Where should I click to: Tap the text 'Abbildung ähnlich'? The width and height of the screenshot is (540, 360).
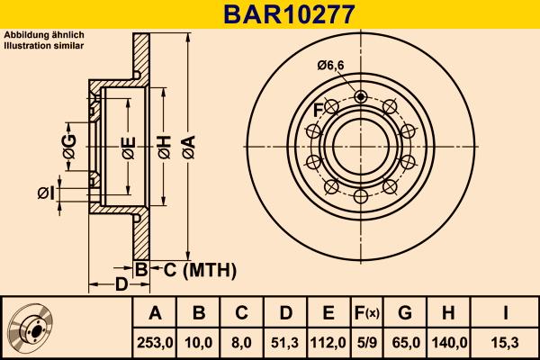click(x=44, y=35)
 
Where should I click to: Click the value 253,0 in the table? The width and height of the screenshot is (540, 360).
click(x=154, y=342)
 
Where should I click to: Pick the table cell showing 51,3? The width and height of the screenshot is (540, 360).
click(x=285, y=342)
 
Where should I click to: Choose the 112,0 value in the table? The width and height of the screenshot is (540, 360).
click(x=328, y=342)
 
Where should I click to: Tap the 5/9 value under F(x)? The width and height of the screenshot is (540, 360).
click(x=365, y=342)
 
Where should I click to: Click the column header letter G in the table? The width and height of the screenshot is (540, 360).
click(x=405, y=313)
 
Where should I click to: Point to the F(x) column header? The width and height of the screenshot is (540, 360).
click(x=365, y=313)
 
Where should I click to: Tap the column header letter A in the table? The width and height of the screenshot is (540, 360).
click(x=154, y=313)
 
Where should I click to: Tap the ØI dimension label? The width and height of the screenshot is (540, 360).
click(x=47, y=192)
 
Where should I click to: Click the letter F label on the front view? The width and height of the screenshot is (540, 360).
click(x=318, y=110)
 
